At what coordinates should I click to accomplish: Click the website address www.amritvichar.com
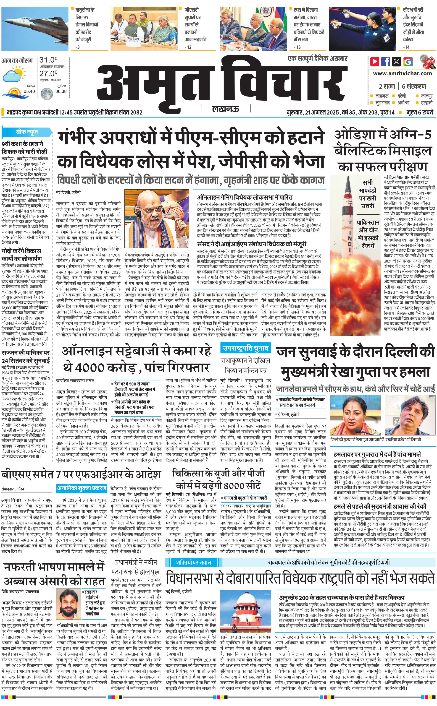tap(402, 73)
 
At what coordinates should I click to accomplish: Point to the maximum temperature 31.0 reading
tap(48, 60)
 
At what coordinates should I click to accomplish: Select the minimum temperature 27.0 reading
tap(48, 73)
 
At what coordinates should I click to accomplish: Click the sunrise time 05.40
tap(29, 91)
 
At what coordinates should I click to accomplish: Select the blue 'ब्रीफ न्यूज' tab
tap(27, 132)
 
